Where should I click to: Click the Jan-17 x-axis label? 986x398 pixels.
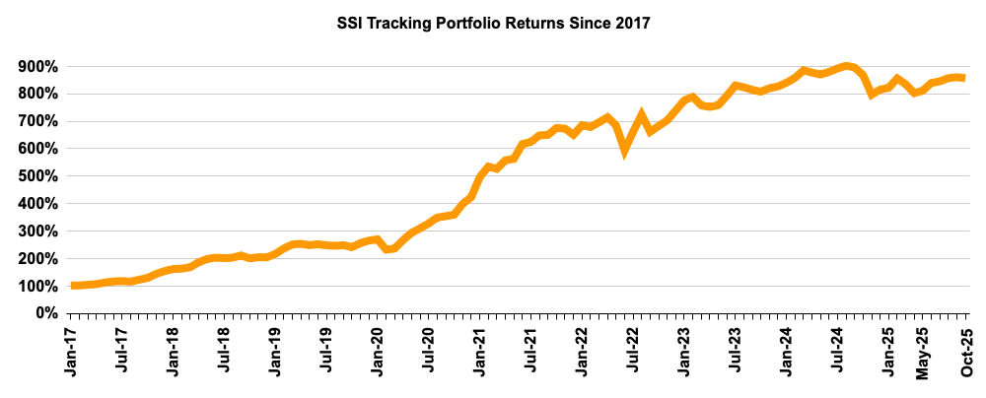[73, 353]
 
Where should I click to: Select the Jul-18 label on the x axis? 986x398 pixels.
[225, 353]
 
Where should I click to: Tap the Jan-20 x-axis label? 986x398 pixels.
[378, 353]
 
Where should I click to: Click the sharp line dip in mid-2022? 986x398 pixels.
[624, 151]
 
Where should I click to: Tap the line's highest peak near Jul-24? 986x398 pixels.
[846, 66]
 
